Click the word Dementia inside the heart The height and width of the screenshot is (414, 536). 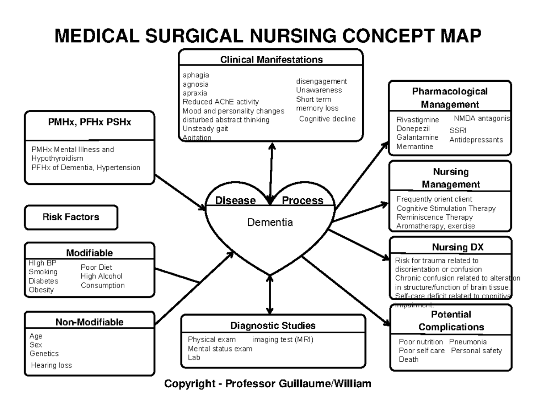pos(270,222)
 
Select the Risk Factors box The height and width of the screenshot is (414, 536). pos(71,217)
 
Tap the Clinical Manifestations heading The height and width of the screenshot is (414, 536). pos(271,59)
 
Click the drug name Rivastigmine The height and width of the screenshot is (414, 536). pos(418,120)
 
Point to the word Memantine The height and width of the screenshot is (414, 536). pos(415,146)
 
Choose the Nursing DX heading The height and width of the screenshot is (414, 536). pos(451,247)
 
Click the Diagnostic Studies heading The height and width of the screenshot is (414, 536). pos(273,325)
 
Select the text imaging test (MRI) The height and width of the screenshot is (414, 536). pos(283,339)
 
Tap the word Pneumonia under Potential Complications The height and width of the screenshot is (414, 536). pos(468,342)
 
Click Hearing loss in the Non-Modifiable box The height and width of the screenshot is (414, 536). pos(51,365)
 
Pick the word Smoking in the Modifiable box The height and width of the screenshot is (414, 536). pos(43,272)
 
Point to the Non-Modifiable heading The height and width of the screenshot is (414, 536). pos(89,322)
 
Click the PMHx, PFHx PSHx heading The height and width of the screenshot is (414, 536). pos(90,122)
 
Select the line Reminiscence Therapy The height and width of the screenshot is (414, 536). pos(434,217)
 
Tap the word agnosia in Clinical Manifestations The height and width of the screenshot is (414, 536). pos(195,84)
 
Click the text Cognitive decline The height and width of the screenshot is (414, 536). pos(327,119)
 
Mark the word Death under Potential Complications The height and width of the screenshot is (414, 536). pos(409,360)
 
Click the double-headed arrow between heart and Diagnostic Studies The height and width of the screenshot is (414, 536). pos(269,295)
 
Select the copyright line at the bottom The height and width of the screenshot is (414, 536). pos(268,384)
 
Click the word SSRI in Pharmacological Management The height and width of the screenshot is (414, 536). pos(458,130)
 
